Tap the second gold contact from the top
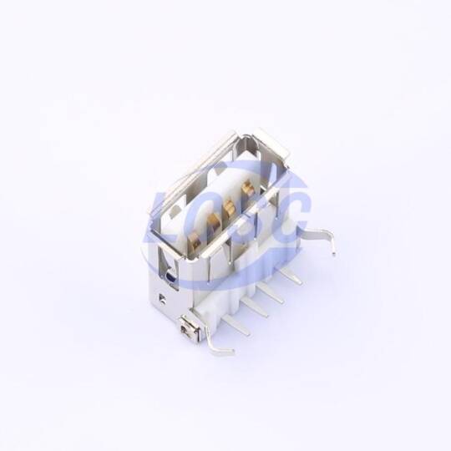pyautogui.click(x=229, y=206)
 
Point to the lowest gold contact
pyautogui.click(x=195, y=239)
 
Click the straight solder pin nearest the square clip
pyautogui.click(x=236, y=325)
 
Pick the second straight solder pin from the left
pyautogui.click(x=254, y=307)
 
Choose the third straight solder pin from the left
pyautogui.click(x=271, y=292)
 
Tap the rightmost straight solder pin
pyautogui.click(x=290, y=276)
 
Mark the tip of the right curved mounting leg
pyautogui.click(x=333, y=254)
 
